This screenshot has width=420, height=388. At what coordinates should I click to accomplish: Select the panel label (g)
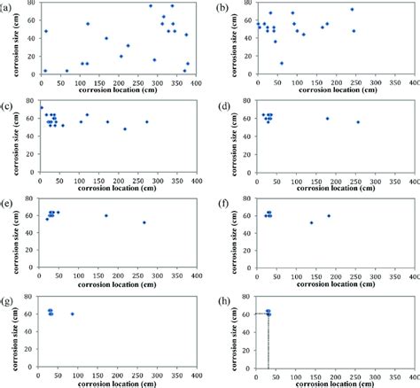[9, 295]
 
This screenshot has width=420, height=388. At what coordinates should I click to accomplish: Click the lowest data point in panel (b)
[282, 63]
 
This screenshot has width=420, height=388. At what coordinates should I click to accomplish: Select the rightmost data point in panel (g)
[73, 314]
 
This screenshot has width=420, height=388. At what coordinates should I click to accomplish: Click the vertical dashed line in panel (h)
[268, 345]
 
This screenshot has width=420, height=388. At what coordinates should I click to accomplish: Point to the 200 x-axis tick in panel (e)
[117, 274]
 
